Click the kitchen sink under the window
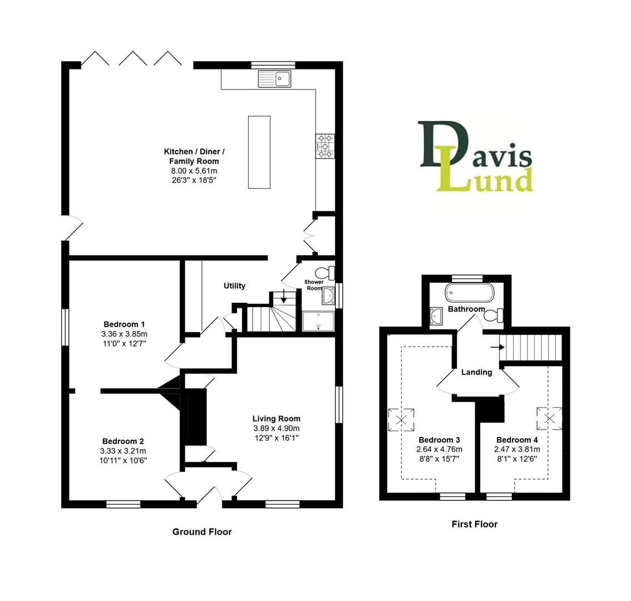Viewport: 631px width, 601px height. tap(275, 79)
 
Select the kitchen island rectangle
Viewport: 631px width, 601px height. tap(259, 152)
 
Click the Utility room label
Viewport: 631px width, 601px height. tap(234, 285)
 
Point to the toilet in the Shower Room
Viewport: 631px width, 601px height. tap(324, 273)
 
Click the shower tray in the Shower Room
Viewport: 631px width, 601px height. tap(318, 321)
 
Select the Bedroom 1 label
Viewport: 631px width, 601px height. tap(124, 324)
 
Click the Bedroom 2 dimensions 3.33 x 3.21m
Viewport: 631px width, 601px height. tap(123, 451)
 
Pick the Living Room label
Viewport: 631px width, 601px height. tap(276, 418)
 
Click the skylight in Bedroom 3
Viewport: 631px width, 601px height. tap(401, 419)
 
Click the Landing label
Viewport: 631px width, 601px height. tap(476, 372)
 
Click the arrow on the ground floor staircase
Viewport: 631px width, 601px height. tap(284, 298)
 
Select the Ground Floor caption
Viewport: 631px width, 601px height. tap(201, 531)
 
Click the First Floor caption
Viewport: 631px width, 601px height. tap(474, 524)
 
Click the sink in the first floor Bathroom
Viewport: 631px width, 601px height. tap(436, 316)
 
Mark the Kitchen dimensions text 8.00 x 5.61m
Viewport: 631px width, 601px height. tap(194, 170)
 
